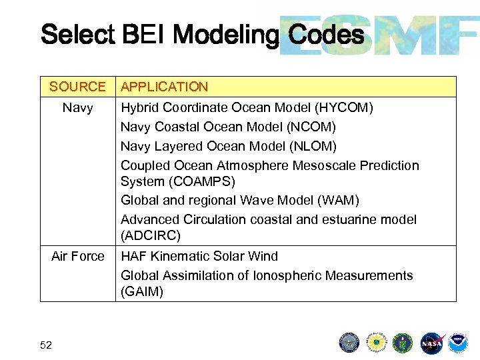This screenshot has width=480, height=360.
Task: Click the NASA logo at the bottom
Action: point(431,343)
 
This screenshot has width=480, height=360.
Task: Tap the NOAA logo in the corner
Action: point(457,343)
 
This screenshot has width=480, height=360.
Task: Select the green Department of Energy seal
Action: point(402,343)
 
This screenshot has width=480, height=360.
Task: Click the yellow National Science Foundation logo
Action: point(376,343)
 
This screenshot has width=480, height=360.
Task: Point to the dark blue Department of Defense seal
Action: point(349,343)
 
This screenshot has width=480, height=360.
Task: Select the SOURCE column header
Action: point(77,87)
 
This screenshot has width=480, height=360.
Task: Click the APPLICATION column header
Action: point(164,87)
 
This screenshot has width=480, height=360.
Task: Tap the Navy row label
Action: point(77,107)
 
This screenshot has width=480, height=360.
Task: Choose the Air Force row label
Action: point(77,256)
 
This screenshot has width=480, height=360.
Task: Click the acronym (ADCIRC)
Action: point(151,235)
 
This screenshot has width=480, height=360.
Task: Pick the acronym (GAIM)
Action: point(142,291)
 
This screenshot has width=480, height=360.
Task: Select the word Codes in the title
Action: point(326,35)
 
